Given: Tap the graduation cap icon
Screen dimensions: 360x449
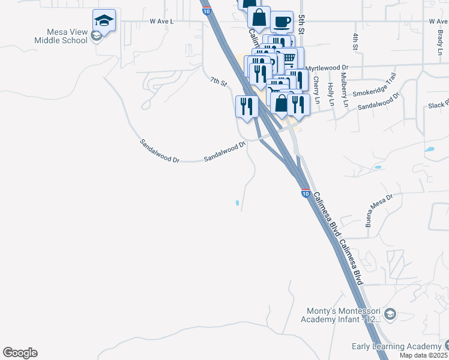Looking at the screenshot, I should [x=104, y=21].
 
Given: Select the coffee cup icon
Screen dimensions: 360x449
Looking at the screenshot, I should [x=282, y=23].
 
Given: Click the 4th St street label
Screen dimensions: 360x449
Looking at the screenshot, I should [x=355, y=41].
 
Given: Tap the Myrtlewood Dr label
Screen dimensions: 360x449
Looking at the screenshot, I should [x=327, y=68].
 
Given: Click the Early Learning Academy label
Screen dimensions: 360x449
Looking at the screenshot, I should [x=397, y=347].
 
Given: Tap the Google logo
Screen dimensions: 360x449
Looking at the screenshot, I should [x=20, y=353].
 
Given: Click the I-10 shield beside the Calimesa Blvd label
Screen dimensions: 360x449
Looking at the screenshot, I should [x=306, y=194].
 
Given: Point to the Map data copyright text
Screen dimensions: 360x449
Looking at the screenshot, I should [x=424, y=355].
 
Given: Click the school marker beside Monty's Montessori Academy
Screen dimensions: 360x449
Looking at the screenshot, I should [x=390, y=314].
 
